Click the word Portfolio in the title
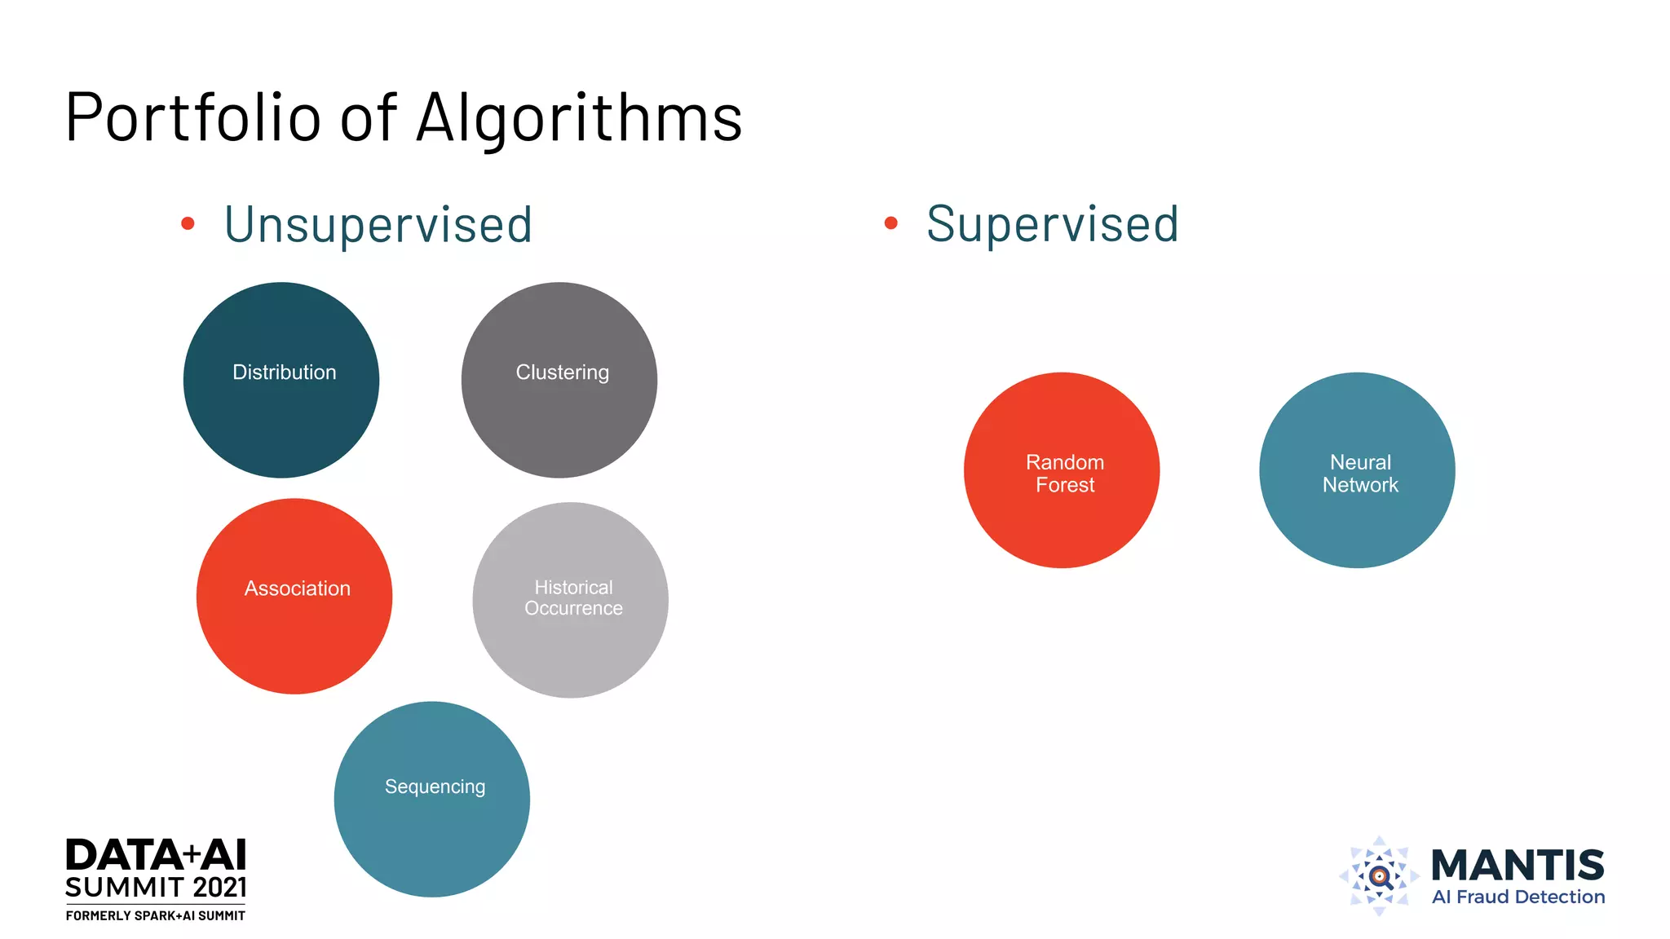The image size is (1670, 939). pos(193,118)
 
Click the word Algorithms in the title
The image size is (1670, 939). pos(579,118)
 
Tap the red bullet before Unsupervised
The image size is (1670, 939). pos(188,223)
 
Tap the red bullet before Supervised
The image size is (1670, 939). pos(891,223)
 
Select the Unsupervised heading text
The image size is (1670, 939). pos(378,225)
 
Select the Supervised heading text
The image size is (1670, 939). pos(1053,224)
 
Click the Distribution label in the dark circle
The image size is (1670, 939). pos(285,373)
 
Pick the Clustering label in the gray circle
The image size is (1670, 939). pos(563,373)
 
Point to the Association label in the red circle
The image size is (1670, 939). pos(298,589)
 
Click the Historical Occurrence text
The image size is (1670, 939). pos(573,598)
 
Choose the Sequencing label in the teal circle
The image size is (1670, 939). pos(435,787)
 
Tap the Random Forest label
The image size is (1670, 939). pos(1065,474)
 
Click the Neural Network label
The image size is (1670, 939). pos(1360,474)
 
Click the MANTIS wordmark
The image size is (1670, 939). pos(1518,865)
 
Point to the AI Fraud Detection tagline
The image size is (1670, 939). pos(1518,897)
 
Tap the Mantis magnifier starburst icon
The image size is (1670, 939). pos(1380,876)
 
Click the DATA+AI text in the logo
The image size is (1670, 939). pos(156,856)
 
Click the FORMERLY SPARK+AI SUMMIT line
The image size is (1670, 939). pos(156,916)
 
